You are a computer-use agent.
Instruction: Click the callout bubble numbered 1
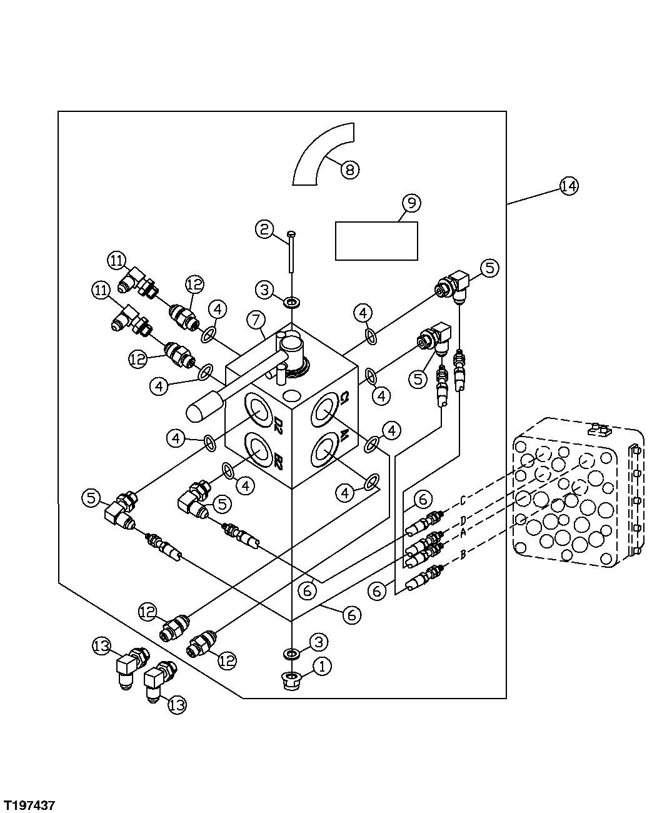pyautogui.click(x=321, y=667)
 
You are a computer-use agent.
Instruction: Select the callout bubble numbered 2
pyautogui.click(x=264, y=230)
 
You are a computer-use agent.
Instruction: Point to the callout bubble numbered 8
pyautogui.click(x=350, y=169)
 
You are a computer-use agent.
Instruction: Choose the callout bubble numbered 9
pyautogui.click(x=411, y=203)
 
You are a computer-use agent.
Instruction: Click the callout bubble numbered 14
pyautogui.click(x=569, y=186)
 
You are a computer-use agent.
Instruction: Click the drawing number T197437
pyautogui.click(x=31, y=802)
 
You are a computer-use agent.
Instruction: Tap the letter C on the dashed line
pyautogui.click(x=463, y=500)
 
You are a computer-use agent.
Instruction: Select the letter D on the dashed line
pyautogui.click(x=463, y=520)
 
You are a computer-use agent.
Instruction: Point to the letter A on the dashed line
pyautogui.click(x=463, y=532)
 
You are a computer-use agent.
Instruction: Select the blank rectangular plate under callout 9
pyautogui.click(x=376, y=241)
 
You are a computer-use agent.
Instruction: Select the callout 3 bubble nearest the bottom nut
pyautogui.click(x=318, y=642)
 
